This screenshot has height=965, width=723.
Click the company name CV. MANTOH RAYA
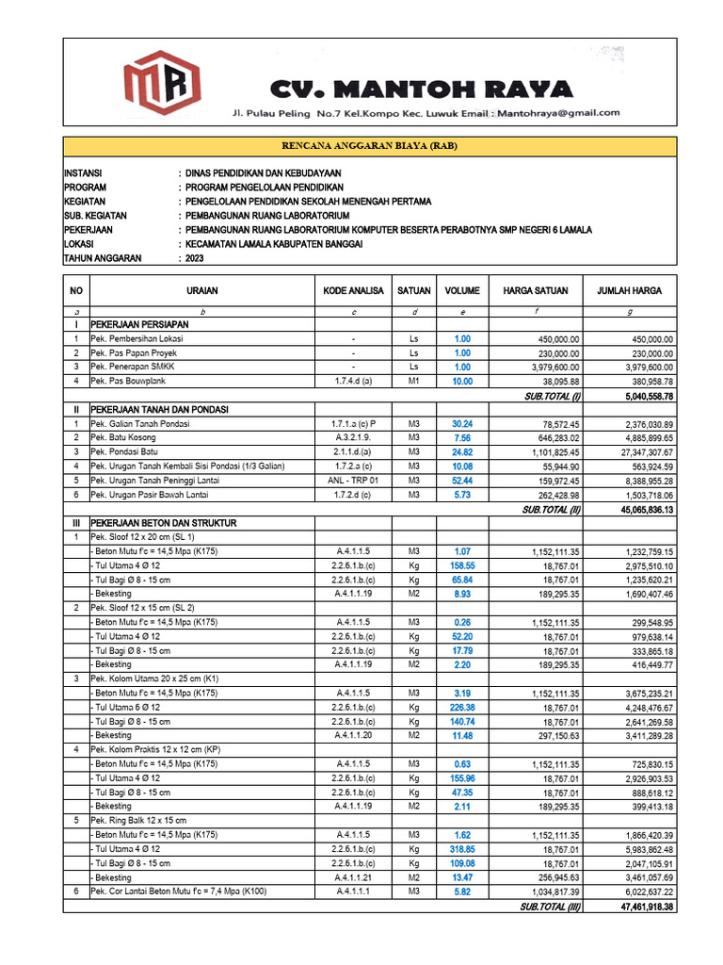coord(421,90)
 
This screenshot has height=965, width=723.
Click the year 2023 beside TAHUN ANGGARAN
coord(196,257)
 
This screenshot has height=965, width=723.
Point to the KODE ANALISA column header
coord(353,291)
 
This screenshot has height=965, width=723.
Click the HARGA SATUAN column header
coord(535,291)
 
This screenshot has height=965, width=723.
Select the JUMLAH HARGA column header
coord(629,291)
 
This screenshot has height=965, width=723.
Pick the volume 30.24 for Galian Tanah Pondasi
coord(462,424)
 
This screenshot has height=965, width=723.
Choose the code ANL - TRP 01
coord(353,481)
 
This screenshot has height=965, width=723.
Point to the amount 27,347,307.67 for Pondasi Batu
coord(636,452)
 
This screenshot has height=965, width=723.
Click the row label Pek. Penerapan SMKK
coord(133,367)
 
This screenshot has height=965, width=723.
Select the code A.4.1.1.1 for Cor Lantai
coord(353,891)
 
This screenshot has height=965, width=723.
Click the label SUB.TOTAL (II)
coord(552,509)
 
